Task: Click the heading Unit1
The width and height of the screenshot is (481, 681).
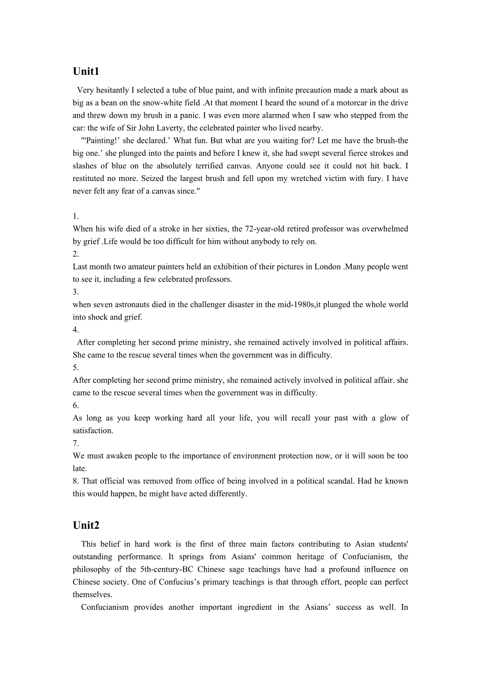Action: pyautogui.click(x=86, y=72)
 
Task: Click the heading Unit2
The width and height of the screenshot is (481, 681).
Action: pyautogui.click(x=86, y=526)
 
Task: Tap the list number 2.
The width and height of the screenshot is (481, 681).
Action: pyautogui.click(x=76, y=254)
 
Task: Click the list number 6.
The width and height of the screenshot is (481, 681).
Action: pyautogui.click(x=76, y=405)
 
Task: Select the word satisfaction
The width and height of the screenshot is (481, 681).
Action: pyautogui.click(x=93, y=430)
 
